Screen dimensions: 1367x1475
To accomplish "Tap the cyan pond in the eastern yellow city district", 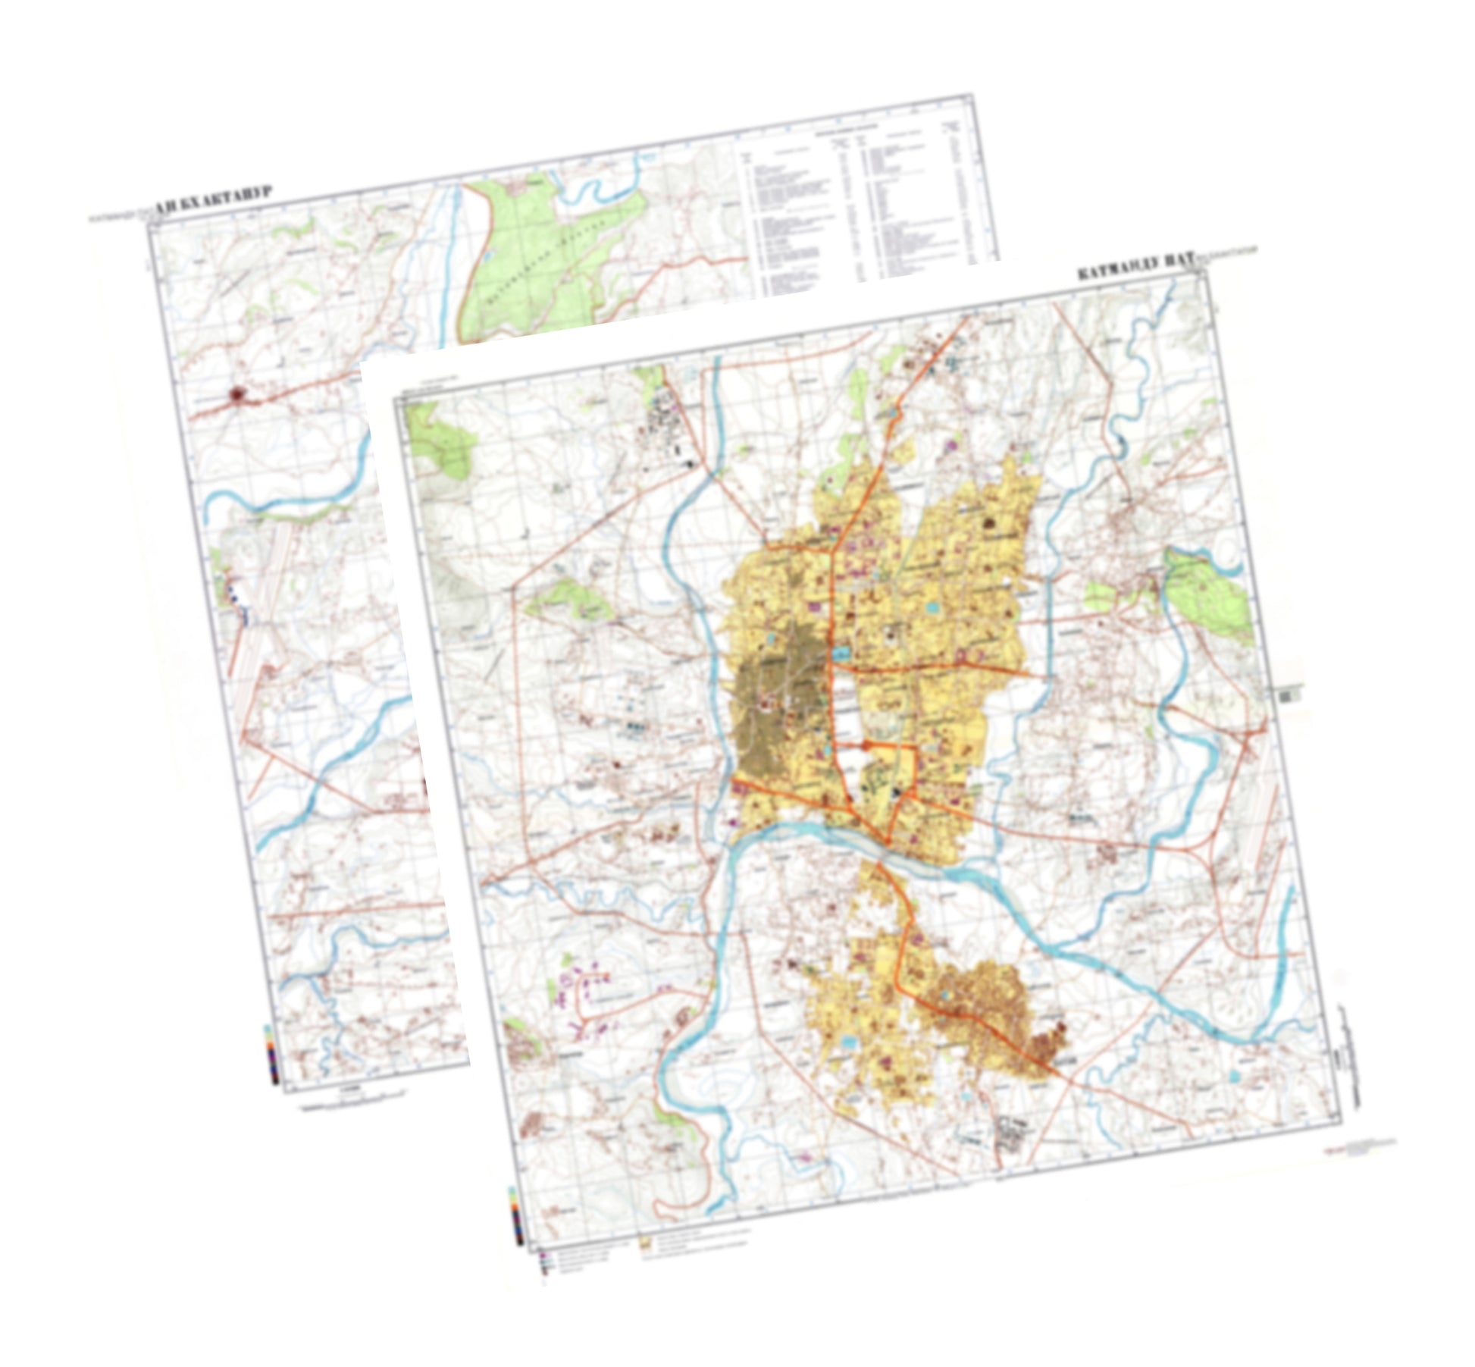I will [x=931, y=607].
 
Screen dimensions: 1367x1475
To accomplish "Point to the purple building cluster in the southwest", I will [x=584, y=986].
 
